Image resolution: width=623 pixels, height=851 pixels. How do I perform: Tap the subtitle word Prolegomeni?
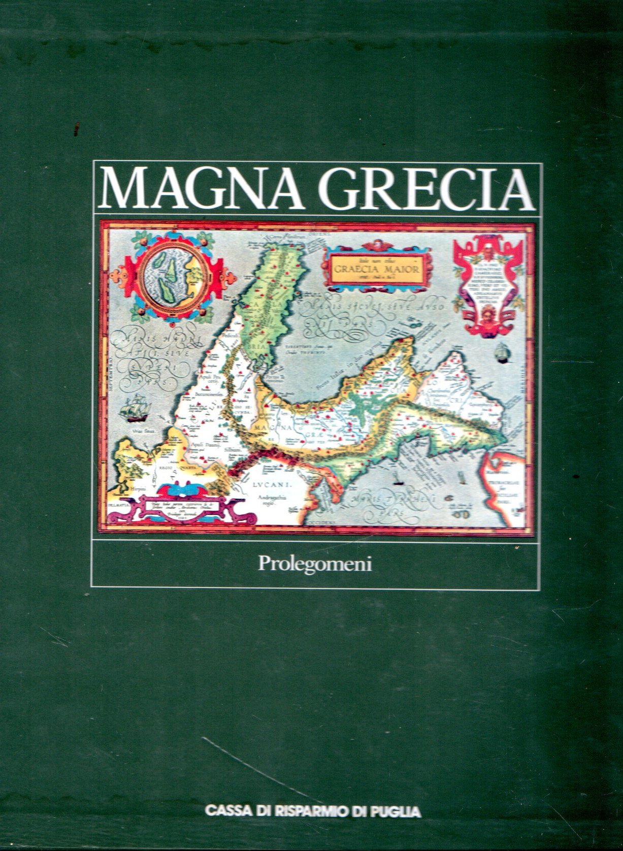315,565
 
